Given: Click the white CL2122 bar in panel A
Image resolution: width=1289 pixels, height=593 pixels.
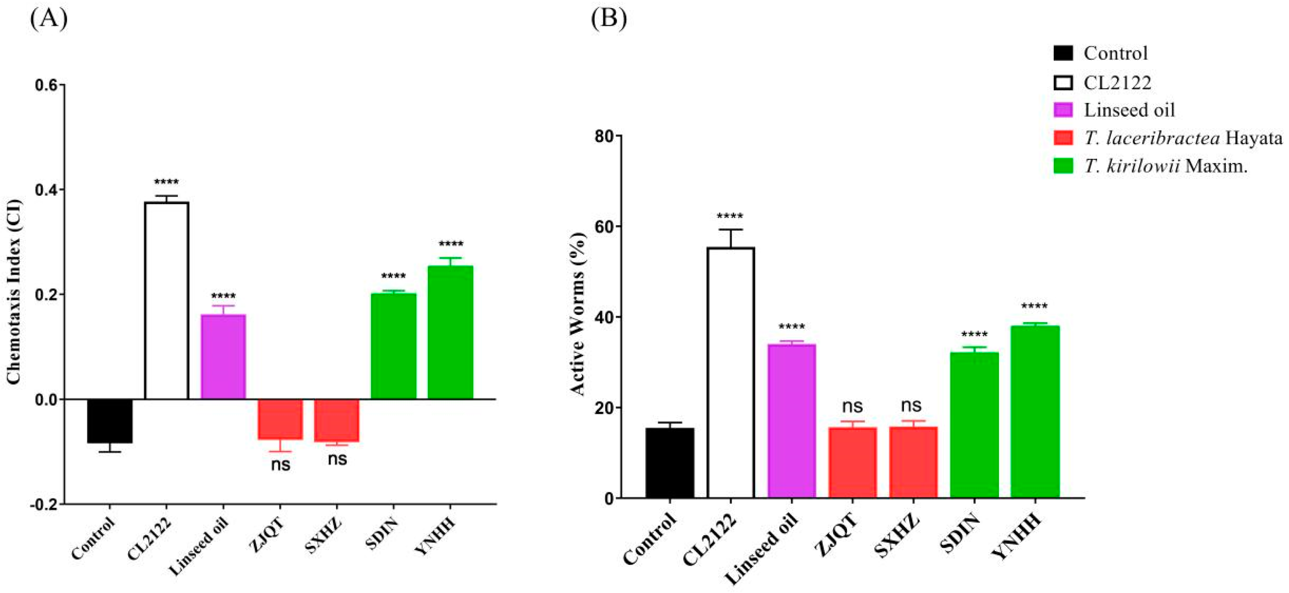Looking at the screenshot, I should [166, 300].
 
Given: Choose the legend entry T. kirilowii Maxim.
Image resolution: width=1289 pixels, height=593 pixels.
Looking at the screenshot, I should [1166, 166].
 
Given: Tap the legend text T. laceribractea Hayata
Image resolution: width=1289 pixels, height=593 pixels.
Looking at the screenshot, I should [1184, 138].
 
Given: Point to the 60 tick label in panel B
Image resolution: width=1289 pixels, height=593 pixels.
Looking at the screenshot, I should [604, 226].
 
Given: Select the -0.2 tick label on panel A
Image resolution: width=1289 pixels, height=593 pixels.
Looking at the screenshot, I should [44, 505].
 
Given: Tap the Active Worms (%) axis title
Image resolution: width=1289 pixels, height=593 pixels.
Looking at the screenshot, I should [578, 314].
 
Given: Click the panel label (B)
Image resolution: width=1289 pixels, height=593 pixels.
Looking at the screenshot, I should [608, 19].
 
